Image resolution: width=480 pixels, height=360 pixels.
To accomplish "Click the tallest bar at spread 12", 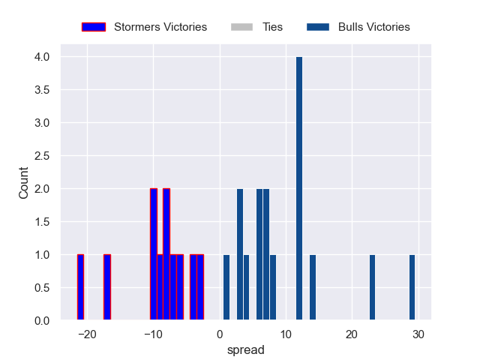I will [x=299, y=189].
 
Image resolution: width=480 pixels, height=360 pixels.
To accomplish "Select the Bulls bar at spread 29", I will [x=412, y=288].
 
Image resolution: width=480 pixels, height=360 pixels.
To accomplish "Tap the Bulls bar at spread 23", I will [x=372, y=288].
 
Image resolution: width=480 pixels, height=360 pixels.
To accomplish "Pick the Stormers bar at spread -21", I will [x=80, y=288].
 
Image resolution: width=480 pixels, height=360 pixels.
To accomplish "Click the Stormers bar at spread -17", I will [x=107, y=288].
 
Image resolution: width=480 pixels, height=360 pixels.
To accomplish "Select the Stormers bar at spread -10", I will [x=153, y=255].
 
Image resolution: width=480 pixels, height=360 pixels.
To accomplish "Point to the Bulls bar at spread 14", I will [x=313, y=288].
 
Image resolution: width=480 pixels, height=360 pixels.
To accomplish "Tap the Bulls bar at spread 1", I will [x=226, y=288].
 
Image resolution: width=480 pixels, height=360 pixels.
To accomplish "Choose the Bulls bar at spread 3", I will [x=240, y=255].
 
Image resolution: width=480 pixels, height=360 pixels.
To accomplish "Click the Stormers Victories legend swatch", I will [x=94, y=27].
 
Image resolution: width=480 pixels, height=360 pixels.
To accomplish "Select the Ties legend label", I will [x=272, y=27].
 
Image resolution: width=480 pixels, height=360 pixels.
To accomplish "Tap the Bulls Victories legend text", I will [x=373, y=27].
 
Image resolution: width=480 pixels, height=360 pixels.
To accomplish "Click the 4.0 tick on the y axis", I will [x=41, y=57].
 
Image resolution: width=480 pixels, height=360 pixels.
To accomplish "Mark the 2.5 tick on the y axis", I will [x=41, y=156].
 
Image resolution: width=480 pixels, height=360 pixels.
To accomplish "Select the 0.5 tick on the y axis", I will [x=41, y=288].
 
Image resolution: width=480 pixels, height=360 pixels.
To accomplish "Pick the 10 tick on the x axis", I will [x=286, y=334].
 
